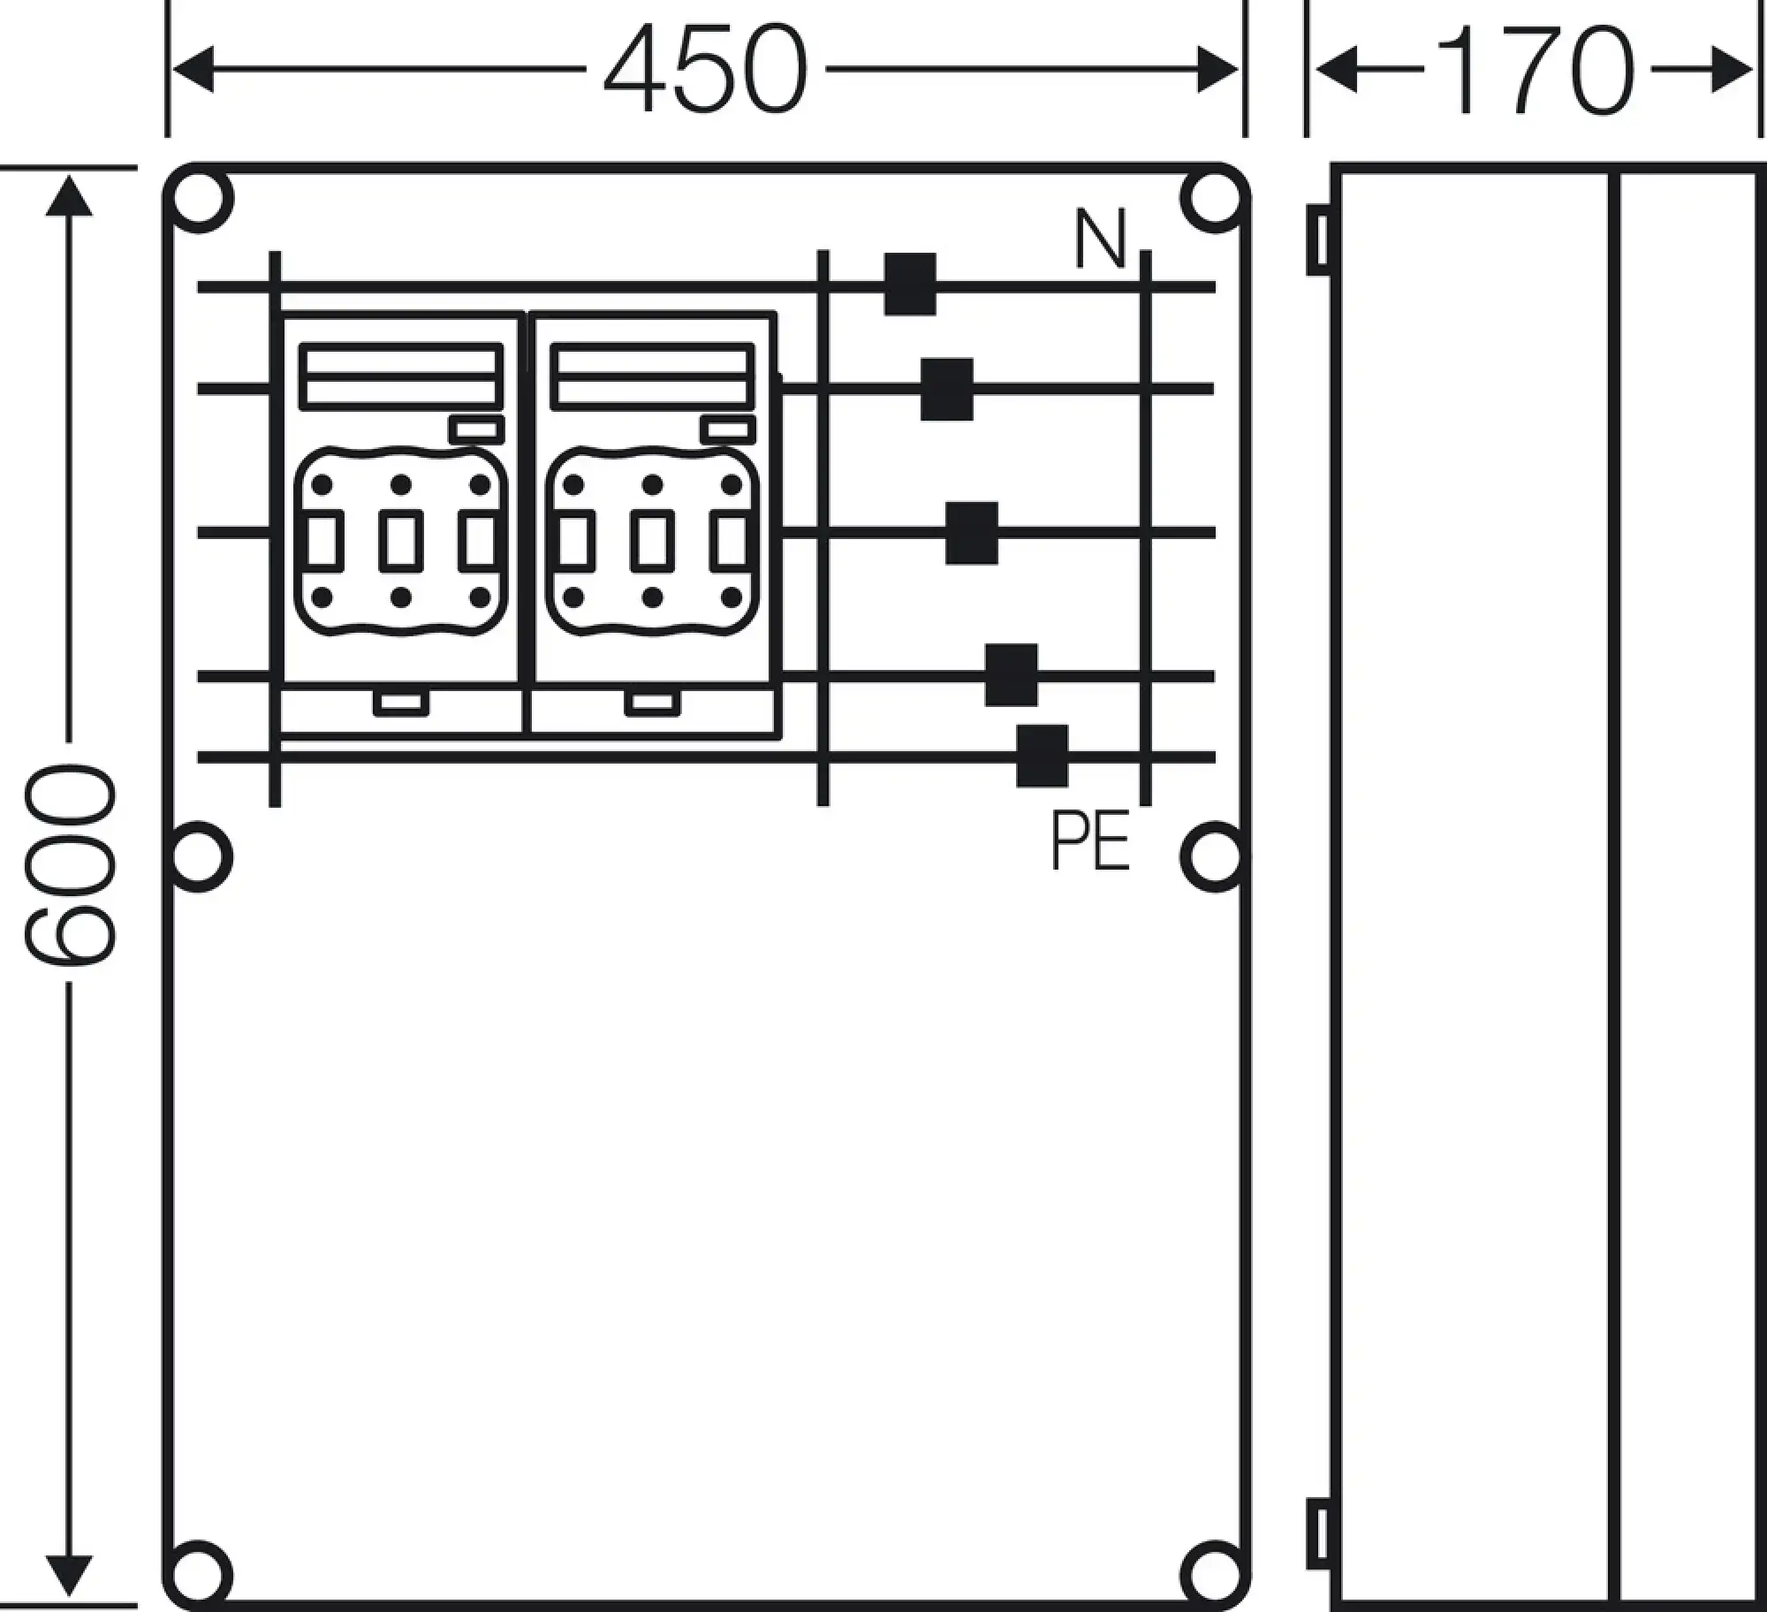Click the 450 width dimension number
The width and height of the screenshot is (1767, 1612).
[706, 69]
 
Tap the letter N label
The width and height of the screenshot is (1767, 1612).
[1100, 239]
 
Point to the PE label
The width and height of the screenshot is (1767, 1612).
[1090, 841]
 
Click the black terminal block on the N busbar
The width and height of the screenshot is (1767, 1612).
[910, 285]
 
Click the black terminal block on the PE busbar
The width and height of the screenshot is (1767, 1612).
[1042, 756]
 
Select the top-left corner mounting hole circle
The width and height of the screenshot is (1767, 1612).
[199, 199]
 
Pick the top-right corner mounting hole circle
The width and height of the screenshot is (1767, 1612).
[1215, 199]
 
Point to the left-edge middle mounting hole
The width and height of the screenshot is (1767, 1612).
[199, 856]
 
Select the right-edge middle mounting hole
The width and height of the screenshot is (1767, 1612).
[1215, 856]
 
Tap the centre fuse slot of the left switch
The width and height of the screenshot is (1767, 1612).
[401, 541]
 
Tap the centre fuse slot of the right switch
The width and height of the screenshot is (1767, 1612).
[653, 541]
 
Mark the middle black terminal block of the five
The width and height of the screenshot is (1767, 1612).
[972, 533]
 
